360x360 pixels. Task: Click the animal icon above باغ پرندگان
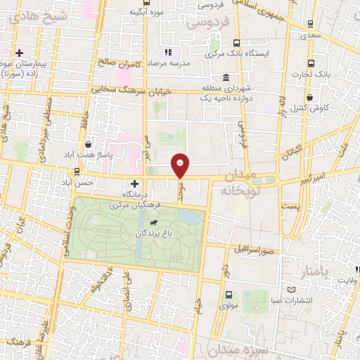[x=164, y=224]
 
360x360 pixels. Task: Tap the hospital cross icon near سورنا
[x=20, y=53]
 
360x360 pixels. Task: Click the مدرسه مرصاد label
[x=188, y=63]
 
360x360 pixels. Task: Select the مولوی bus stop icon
[x=229, y=295]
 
